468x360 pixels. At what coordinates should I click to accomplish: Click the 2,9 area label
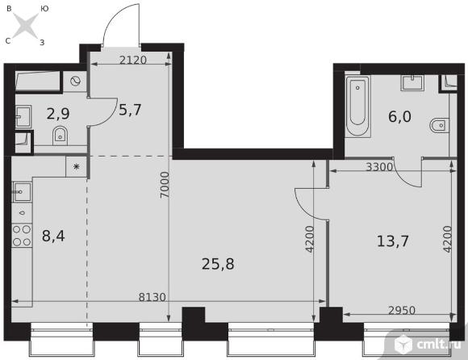click(58, 114)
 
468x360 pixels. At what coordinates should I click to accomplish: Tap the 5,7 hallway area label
click(130, 110)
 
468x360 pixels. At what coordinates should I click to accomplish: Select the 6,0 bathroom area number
click(399, 116)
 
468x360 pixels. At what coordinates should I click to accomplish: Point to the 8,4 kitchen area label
click(53, 237)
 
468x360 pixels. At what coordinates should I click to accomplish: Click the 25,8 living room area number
click(218, 264)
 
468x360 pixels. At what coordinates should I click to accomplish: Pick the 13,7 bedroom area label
click(393, 241)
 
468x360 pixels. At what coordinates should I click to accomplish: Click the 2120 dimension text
click(133, 61)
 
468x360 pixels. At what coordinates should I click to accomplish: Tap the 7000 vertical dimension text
click(165, 185)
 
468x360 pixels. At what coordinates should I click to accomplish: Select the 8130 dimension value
click(153, 297)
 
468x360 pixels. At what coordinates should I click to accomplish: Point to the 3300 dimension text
click(379, 167)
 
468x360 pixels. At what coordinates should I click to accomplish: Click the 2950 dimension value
click(402, 311)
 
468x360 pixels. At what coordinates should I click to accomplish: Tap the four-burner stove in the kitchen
click(22, 236)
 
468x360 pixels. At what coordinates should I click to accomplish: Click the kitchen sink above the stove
click(22, 192)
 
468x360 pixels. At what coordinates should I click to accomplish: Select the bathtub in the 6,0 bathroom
click(357, 107)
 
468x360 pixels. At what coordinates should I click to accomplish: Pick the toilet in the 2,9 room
click(61, 136)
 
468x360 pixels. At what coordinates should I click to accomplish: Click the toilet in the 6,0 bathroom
click(439, 126)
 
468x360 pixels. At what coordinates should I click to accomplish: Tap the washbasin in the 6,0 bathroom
click(412, 82)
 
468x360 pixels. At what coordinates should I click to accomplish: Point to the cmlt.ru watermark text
click(439, 345)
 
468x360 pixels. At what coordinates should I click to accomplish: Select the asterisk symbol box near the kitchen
click(77, 166)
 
